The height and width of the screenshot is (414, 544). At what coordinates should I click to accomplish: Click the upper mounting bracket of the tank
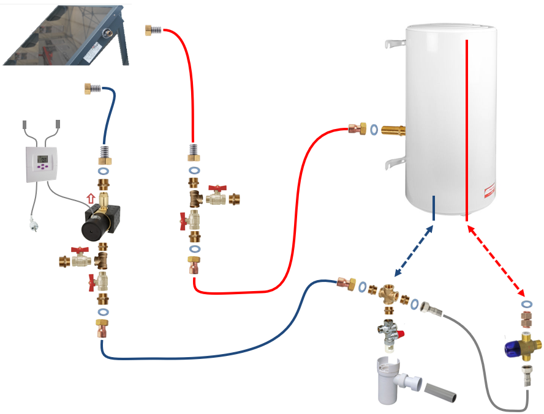[x=393, y=44]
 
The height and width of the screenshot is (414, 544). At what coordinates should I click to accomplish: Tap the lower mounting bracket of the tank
[x=394, y=163]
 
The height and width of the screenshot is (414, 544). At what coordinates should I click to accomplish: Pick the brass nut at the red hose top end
[x=149, y=29]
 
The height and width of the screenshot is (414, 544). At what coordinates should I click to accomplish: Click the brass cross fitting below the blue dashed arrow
[x=388, y=294]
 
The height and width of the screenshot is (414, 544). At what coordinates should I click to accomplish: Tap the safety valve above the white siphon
[x=387, y=334]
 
